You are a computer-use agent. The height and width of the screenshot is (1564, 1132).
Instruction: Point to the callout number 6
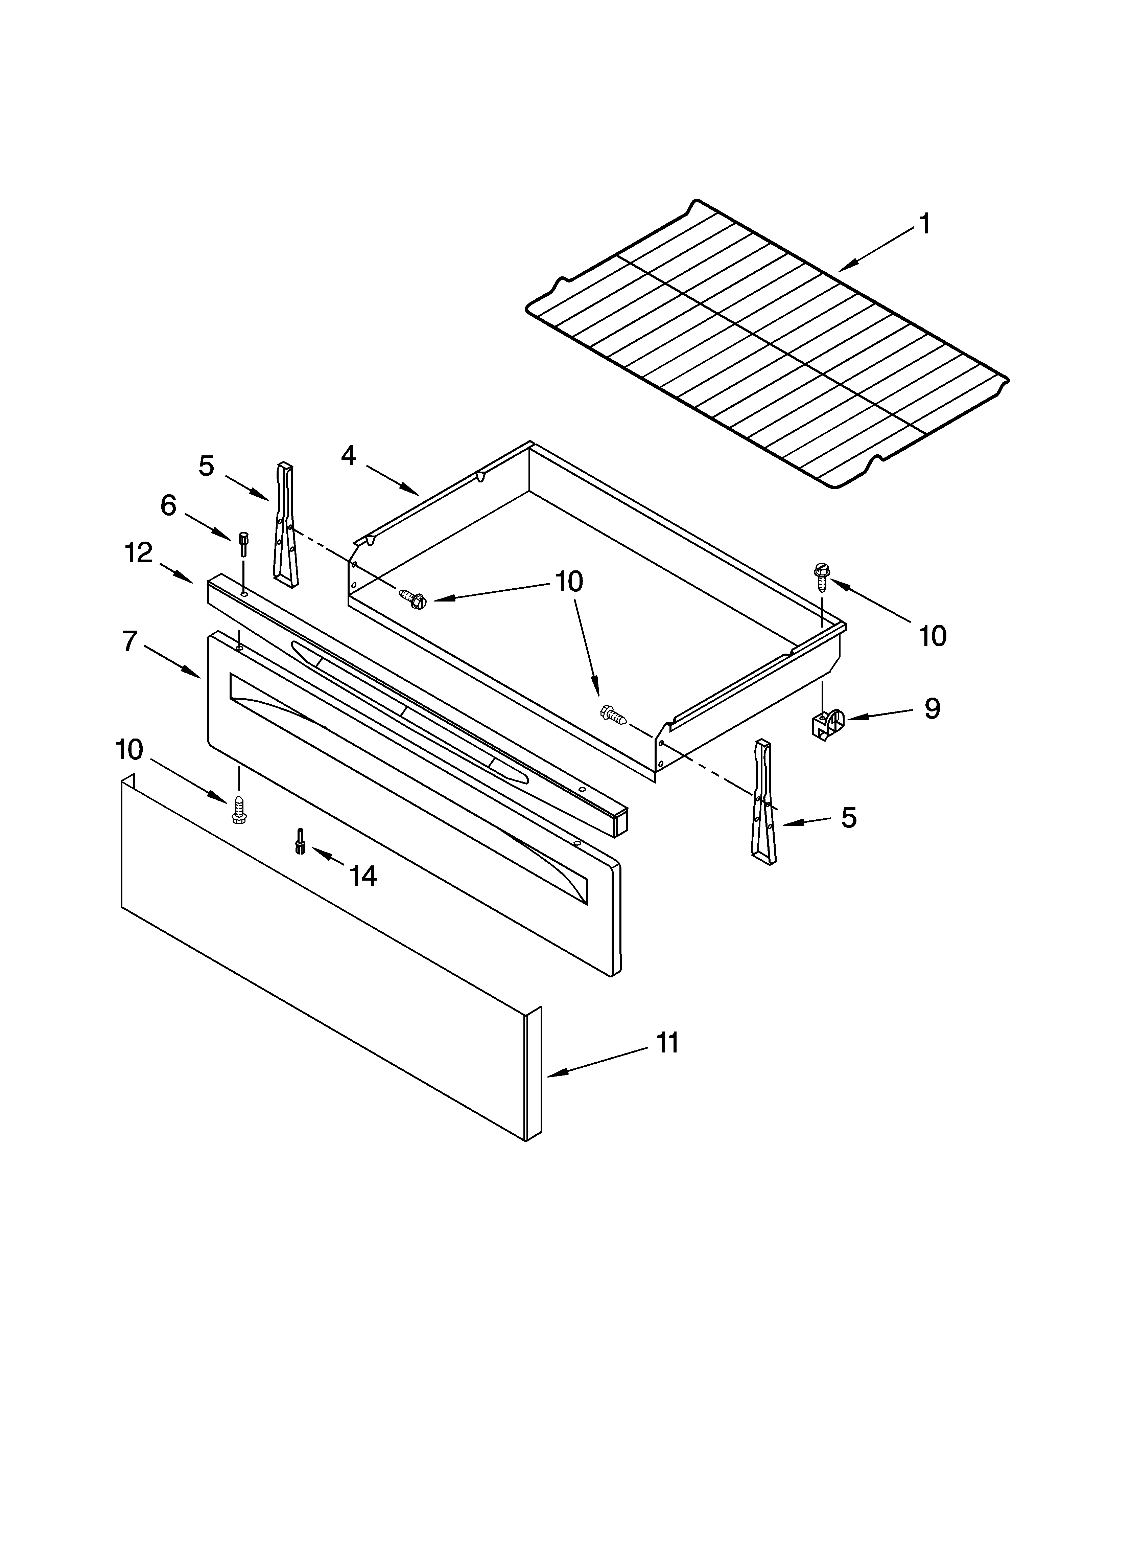tap(168, 505)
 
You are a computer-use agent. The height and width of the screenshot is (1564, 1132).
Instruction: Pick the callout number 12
tap(139, 552)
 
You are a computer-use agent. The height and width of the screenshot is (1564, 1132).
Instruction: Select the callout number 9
tap(932, 708)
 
